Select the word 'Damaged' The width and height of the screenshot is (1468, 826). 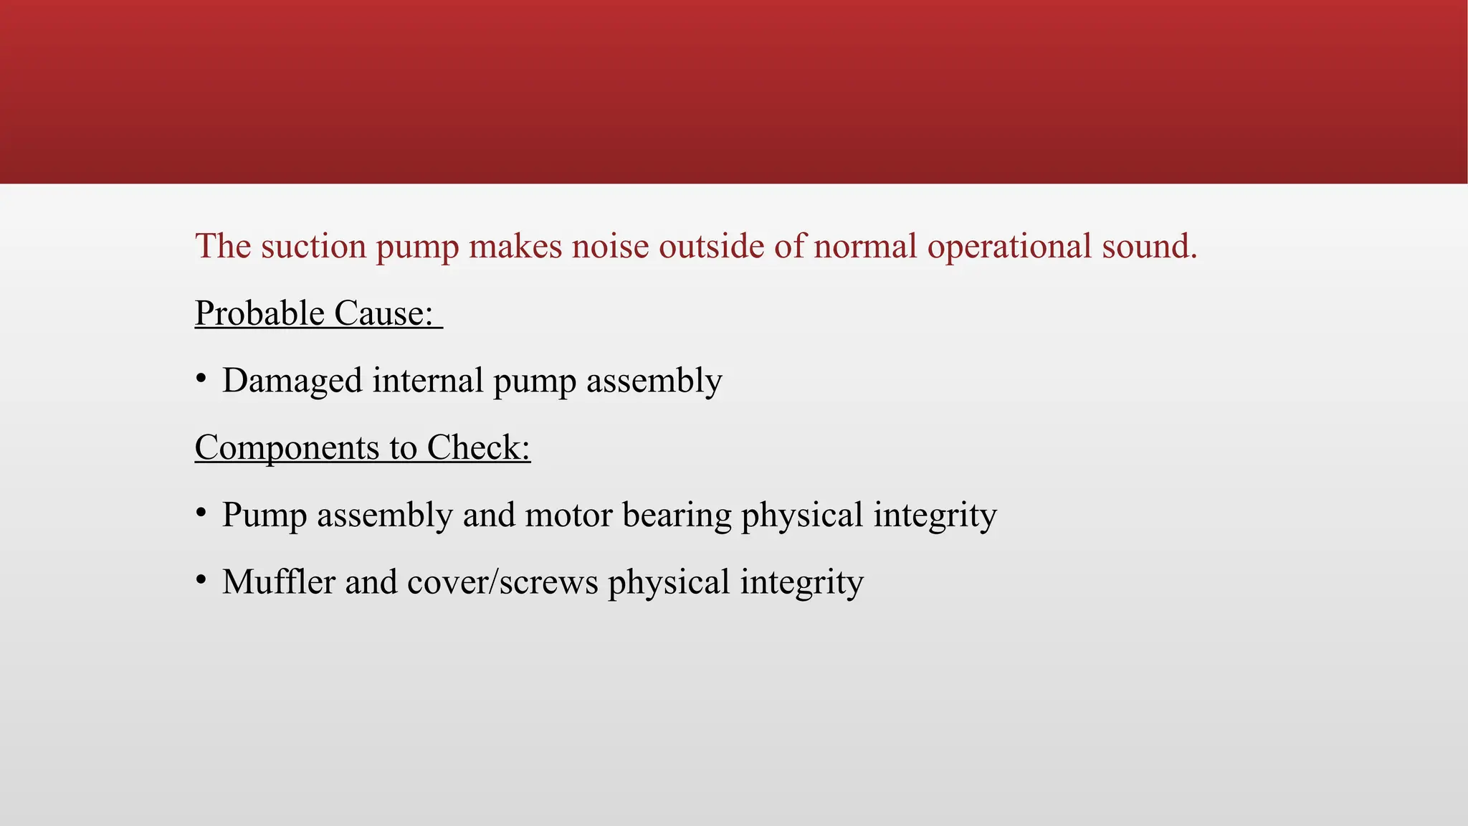coord(292,381)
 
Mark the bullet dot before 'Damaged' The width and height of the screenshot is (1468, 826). coord(201,378)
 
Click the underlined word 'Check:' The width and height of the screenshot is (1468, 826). coord(478,447)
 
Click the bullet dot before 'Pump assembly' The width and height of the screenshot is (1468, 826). coord(201,512)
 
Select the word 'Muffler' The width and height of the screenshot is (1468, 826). coord(279,581)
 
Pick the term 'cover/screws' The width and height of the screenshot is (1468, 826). coord(502,581)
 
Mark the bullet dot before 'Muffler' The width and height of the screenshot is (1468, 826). coord(201,579)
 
